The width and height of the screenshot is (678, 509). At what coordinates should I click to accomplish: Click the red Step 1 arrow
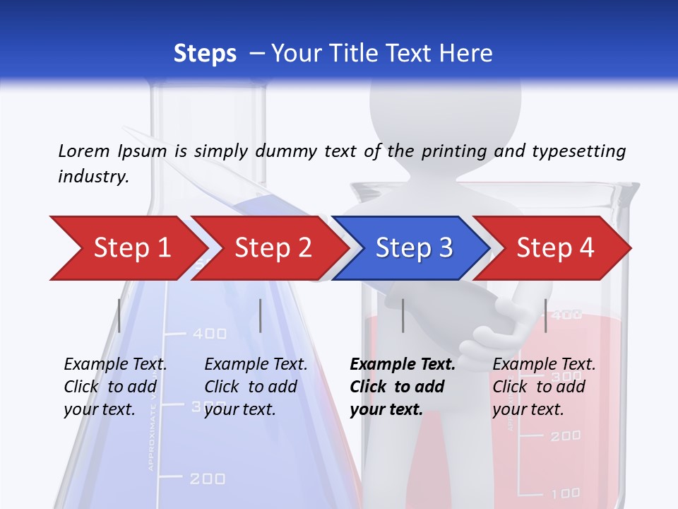pos(127,248)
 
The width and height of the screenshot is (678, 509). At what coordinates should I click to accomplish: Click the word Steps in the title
pos(205,54)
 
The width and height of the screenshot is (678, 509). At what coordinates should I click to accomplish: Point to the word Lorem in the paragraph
pos(84,151)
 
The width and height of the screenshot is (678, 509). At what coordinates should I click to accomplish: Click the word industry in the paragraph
pos(93,177)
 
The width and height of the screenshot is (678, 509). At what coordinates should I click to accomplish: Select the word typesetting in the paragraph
pos(578,151)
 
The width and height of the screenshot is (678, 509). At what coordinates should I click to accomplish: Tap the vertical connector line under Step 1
pos(119,315)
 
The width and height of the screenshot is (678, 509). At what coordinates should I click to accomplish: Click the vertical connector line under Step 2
pos(261,315)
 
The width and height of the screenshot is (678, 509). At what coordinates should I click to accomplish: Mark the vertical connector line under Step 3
pos(403,315)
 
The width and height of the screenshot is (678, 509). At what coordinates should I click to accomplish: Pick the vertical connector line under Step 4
pos(546,315)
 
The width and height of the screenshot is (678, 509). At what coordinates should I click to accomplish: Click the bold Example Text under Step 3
pos(403,365)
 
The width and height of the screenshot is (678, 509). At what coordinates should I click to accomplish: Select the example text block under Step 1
pos(115,387)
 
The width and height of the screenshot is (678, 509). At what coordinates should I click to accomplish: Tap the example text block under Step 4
pos(544,387)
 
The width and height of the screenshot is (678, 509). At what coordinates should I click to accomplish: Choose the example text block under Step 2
pos(256,387)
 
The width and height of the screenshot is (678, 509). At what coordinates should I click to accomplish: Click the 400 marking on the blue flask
pos(210,334)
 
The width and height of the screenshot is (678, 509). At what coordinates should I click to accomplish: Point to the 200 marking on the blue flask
pos(208,479)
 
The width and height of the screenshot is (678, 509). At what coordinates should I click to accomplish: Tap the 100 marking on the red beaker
pos(565,493)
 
